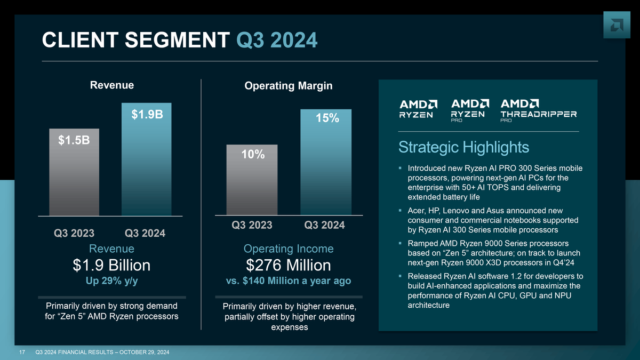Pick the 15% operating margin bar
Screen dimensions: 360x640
(326, 162)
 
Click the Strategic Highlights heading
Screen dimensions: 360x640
(463, 147)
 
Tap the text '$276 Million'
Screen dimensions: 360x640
(289, 265)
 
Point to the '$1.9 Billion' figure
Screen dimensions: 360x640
(111, 265)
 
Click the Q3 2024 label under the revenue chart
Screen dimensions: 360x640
(145, 233)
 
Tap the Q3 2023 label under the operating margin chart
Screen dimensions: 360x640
(252, 225)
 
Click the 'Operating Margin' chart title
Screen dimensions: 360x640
(289, 85)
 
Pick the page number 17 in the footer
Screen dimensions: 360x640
(23, 352)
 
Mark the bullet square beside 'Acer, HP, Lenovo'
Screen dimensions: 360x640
(400, 211)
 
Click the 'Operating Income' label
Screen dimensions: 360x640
(289, 249)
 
